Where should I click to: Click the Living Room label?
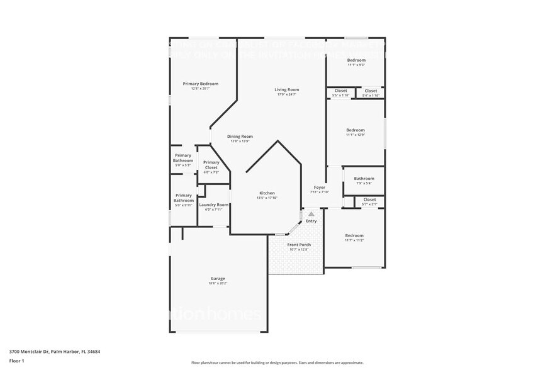[x=286, y=89]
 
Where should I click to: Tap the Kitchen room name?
[x=267, y=193]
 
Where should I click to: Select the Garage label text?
[x=218, y=278]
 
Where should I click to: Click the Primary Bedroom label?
[x=200, y=84]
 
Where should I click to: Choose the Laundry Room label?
[x=213, y=205]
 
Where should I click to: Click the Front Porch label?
[x=299, y=244]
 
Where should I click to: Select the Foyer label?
[x=320, y=187]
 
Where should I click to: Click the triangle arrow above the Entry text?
[x=311, y=215]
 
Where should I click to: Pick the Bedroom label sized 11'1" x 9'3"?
[x=356, y=60]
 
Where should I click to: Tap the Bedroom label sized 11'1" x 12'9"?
[x=356, y=130]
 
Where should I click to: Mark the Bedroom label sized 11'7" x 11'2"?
[x=354, y=235]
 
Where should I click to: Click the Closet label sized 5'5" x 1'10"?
[x=340, y=91]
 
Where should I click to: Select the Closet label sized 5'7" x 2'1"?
[x=369, y=199]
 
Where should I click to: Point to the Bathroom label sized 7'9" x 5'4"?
[x=364, y=178]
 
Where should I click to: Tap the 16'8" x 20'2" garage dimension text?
[x=218, y=284]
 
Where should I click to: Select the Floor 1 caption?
[x=16, y=361]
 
